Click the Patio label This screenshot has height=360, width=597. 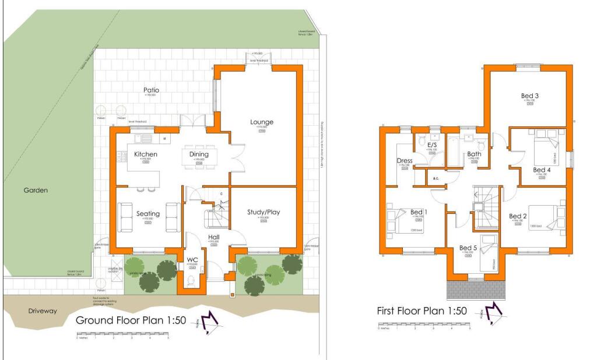pos(150,90)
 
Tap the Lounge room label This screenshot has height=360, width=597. pos(262,122)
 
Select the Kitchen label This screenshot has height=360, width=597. pos(146,154)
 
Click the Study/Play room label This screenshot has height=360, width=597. pos(263,212)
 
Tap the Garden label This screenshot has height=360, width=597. pos(36,190)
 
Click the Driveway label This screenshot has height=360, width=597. pos(43,311)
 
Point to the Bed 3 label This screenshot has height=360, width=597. pos(529,96)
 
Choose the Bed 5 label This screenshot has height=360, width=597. pos(468,248)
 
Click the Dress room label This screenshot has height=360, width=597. pos(405,161)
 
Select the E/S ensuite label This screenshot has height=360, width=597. pos(432,145)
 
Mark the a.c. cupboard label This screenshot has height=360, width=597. pos(435,178)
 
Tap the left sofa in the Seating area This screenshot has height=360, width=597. pos(125,217)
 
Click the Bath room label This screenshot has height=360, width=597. pos(473,154)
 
